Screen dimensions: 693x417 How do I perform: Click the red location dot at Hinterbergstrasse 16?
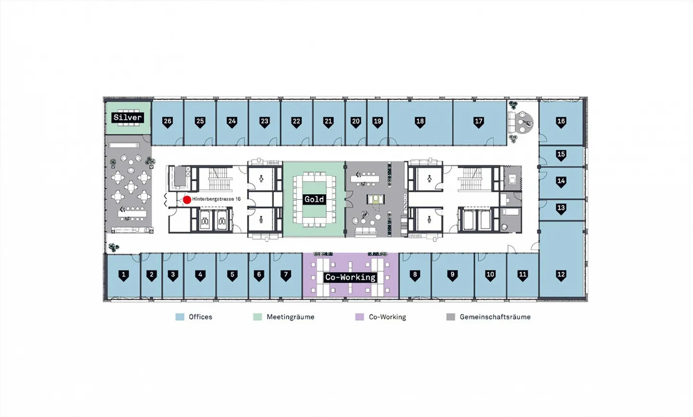[187, 200]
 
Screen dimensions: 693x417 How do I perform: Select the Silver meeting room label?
[128, 117]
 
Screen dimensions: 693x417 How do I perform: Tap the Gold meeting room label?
[314, 199]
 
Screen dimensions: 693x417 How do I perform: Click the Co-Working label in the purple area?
[350, 277]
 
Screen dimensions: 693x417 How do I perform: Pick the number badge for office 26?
[167, 122]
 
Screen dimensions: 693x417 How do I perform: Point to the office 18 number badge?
[420, 122]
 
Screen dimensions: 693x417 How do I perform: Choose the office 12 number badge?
[561, 275]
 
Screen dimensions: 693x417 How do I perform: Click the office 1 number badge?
[123, 275]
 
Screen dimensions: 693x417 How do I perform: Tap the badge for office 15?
[561, 155]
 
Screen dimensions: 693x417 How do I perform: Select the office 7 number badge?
[286, 275]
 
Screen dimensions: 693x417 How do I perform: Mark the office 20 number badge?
[356, 122]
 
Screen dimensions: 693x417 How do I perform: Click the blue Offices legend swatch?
[180, 317]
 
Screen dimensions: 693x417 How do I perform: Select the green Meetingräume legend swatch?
[257, 317]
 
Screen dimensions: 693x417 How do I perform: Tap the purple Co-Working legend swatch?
[359, 317]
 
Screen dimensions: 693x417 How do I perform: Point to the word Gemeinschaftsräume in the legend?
[495, 317]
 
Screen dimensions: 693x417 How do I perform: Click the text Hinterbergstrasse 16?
[216, 199]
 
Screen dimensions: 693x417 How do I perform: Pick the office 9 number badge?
[452, 275]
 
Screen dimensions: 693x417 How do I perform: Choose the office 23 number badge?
[264, 122]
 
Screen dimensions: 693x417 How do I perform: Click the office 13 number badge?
[561, 208]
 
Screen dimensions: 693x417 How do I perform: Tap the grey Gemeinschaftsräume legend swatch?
[451, 317]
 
